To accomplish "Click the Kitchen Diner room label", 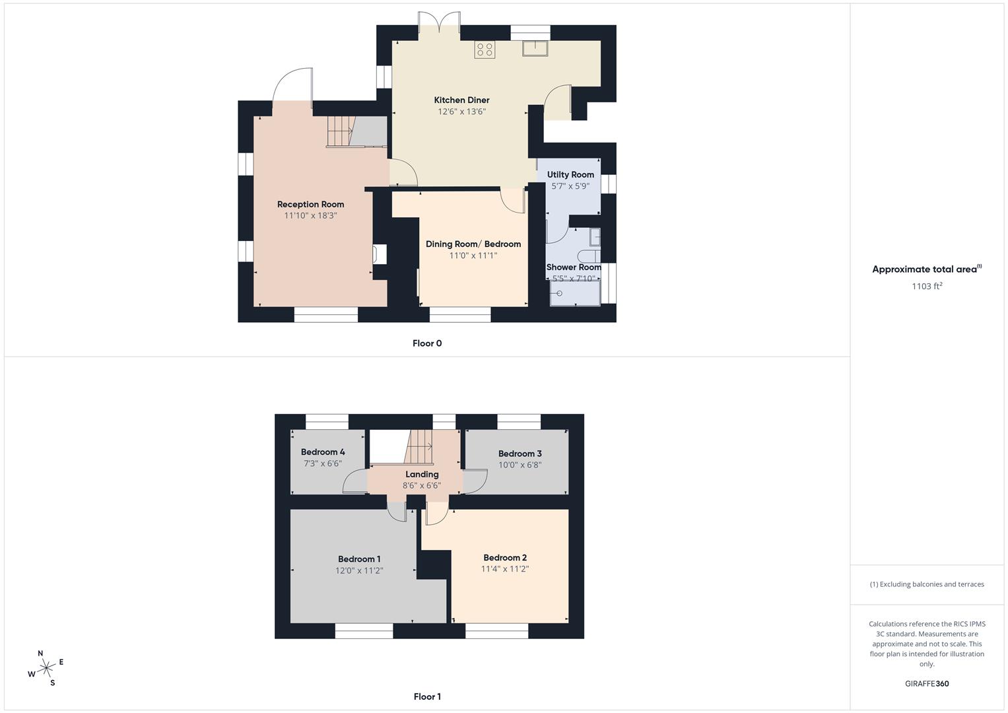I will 461,100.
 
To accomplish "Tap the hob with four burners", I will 485,50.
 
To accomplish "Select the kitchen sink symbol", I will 533,48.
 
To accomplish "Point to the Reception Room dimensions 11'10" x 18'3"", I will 310,215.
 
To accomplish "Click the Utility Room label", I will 570,175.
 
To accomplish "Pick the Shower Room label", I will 574,267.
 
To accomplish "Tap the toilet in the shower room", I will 588,257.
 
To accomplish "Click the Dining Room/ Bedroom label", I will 473,244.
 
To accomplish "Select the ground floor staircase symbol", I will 340,131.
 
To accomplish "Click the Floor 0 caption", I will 427,343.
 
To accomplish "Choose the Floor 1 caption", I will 427,696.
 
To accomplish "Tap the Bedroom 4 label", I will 323,452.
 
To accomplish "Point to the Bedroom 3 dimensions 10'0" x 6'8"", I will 520,465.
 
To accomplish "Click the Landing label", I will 422,475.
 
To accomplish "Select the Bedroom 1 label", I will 359,559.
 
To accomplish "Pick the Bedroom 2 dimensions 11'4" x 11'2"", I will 505,569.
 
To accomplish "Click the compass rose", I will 46,668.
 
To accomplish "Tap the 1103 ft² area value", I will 927,287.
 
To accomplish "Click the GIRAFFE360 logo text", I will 927,684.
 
